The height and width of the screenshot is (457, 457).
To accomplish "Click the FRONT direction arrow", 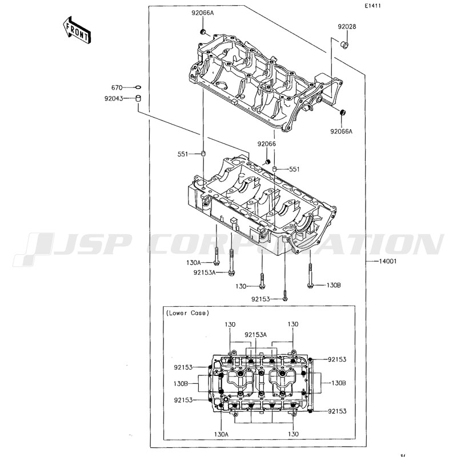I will [x=76, y=30].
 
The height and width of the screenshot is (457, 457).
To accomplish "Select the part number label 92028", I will [x=346, y=27].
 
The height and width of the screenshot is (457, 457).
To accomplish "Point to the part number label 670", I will [x=117, y=87].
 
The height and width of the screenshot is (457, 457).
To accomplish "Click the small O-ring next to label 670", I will [x=138, y=87].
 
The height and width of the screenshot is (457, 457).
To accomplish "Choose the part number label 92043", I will [x=114, y=98].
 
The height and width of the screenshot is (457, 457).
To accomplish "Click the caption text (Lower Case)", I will [x=188, y=313].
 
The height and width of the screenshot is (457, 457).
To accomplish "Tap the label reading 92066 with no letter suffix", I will [x=266, y=144].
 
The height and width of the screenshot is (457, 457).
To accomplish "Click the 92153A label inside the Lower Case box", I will [x=256, y=335].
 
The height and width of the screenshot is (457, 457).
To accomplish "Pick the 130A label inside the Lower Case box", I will [x=221, y=435].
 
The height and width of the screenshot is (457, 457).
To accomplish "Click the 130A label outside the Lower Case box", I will [x=193, y=262].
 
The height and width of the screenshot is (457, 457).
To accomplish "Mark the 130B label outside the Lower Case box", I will [x=334, y=284].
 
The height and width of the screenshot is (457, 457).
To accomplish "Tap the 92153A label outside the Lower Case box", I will [x=204, y=272].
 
